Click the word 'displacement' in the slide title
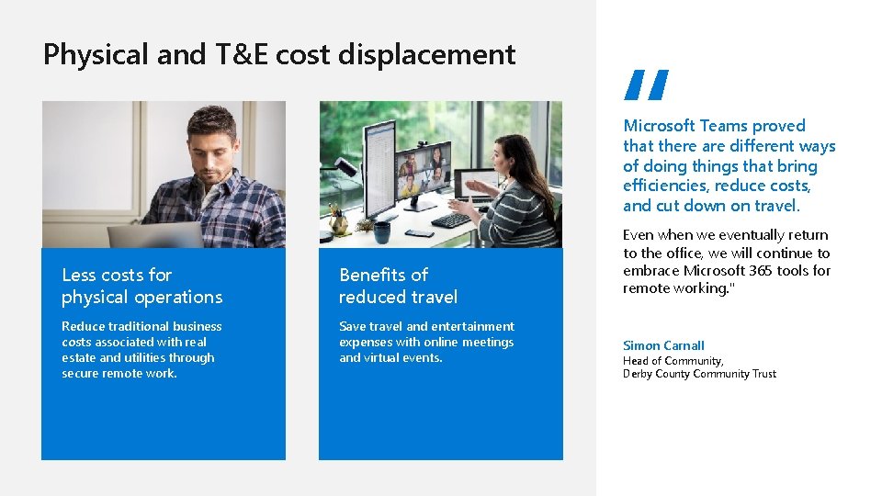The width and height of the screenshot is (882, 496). point(426,55)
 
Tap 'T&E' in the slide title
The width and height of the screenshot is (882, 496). point(242,55)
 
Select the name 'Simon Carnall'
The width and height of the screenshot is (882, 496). point(663,345)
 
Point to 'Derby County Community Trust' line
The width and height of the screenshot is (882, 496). point(699,374)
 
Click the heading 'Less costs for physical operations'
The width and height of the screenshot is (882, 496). point(141,286)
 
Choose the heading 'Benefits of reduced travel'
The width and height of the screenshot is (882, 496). point(398,286)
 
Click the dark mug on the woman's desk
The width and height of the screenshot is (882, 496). point(381,231)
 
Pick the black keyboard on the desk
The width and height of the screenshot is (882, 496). point(450,220)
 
